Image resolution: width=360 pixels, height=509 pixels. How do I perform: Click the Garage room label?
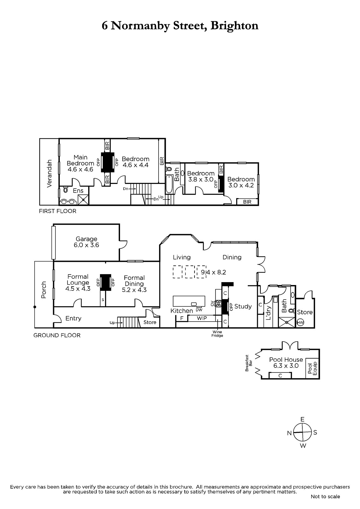[86, 239]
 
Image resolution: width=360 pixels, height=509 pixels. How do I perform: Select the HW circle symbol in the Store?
[300, 323]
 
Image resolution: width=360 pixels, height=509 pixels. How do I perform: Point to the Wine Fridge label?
[217, 334]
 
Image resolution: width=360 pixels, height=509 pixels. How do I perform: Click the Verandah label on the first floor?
[49, 173]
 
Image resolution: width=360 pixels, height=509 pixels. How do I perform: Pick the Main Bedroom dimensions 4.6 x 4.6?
[81, 169]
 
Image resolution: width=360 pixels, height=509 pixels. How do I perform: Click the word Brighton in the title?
[235, 26]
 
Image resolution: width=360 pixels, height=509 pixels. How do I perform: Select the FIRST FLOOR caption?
[58, 211]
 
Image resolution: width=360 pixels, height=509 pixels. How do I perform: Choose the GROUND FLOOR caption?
[57, 335]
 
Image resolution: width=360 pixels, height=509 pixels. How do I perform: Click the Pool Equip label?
[312, 368]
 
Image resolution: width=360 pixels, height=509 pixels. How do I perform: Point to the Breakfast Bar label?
[249, 363]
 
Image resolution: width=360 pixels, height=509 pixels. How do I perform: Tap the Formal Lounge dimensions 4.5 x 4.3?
[78, 289]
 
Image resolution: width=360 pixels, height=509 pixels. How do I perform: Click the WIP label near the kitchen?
[202, 318]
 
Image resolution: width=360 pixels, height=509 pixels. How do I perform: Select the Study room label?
[243, 307]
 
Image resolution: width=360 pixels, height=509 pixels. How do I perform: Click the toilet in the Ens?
[66, 190]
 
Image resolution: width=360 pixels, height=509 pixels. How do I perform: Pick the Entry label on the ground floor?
[73, 318]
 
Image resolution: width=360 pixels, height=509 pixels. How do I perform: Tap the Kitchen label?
[181, 311]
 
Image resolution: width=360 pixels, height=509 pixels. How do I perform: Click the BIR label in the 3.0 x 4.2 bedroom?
[247, 202]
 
